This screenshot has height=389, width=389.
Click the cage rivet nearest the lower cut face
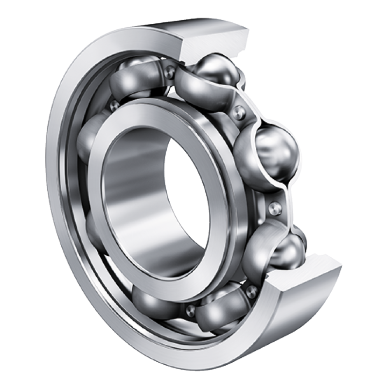pyautogui.click(x=251, y=291)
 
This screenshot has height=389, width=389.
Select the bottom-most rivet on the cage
pyautogui.click(x=189, y=309)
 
